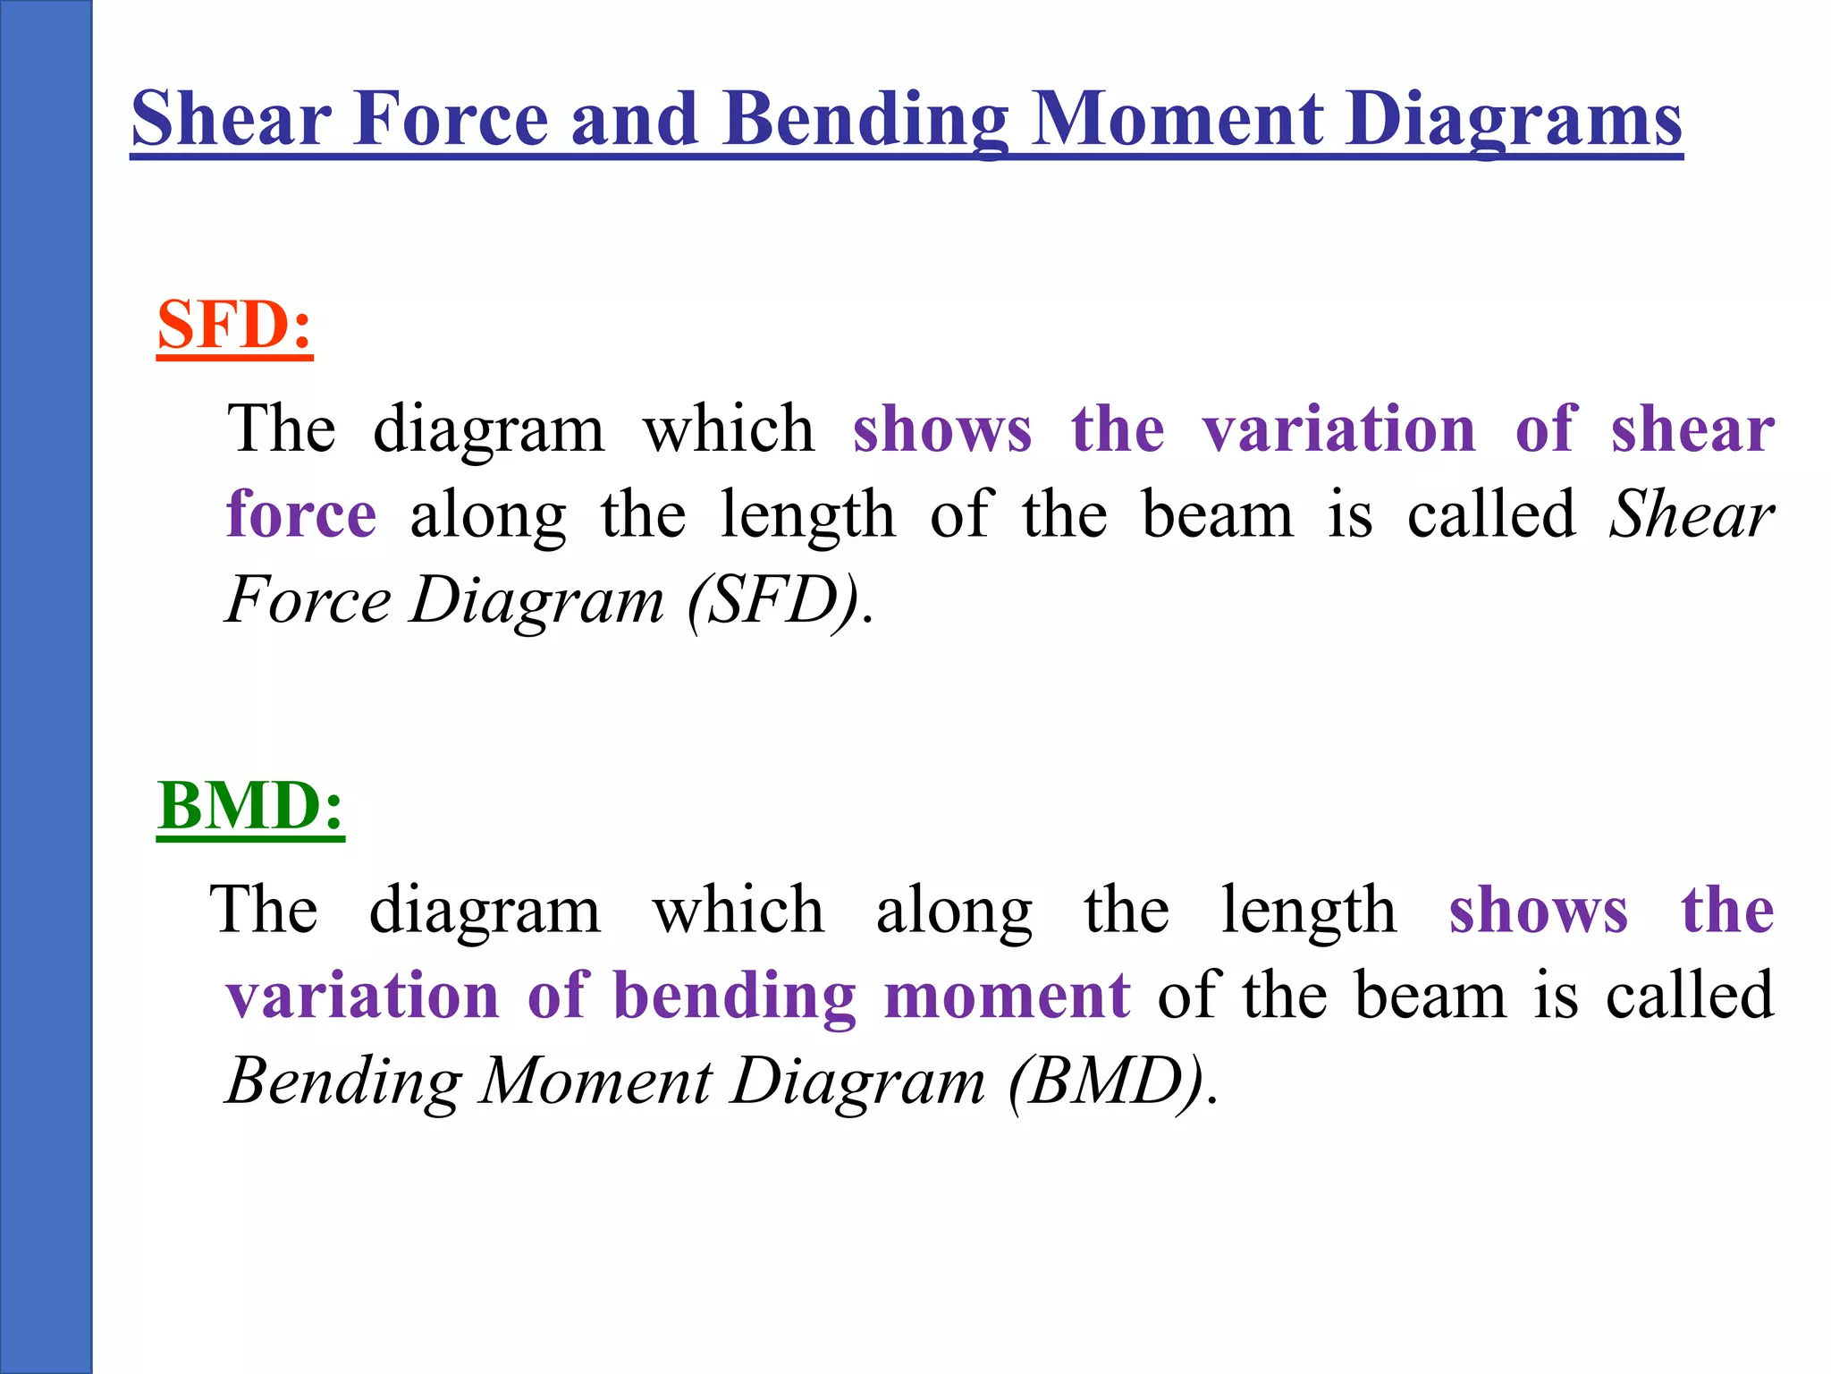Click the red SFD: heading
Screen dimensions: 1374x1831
(234, 325)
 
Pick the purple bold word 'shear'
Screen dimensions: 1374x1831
(1692, 429)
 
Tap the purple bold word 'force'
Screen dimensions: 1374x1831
(301, 515)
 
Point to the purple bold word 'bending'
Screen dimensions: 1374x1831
(735, 996)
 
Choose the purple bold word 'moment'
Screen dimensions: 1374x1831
(1007, 996)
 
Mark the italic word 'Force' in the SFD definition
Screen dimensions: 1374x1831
(308, 600)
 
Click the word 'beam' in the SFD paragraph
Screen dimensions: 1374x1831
(1218, 515)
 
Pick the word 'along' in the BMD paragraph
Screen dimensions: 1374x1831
(954, 911)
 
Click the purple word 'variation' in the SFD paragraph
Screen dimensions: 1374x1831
(1338, 429)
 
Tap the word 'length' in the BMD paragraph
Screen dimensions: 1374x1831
(1308, 911)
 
